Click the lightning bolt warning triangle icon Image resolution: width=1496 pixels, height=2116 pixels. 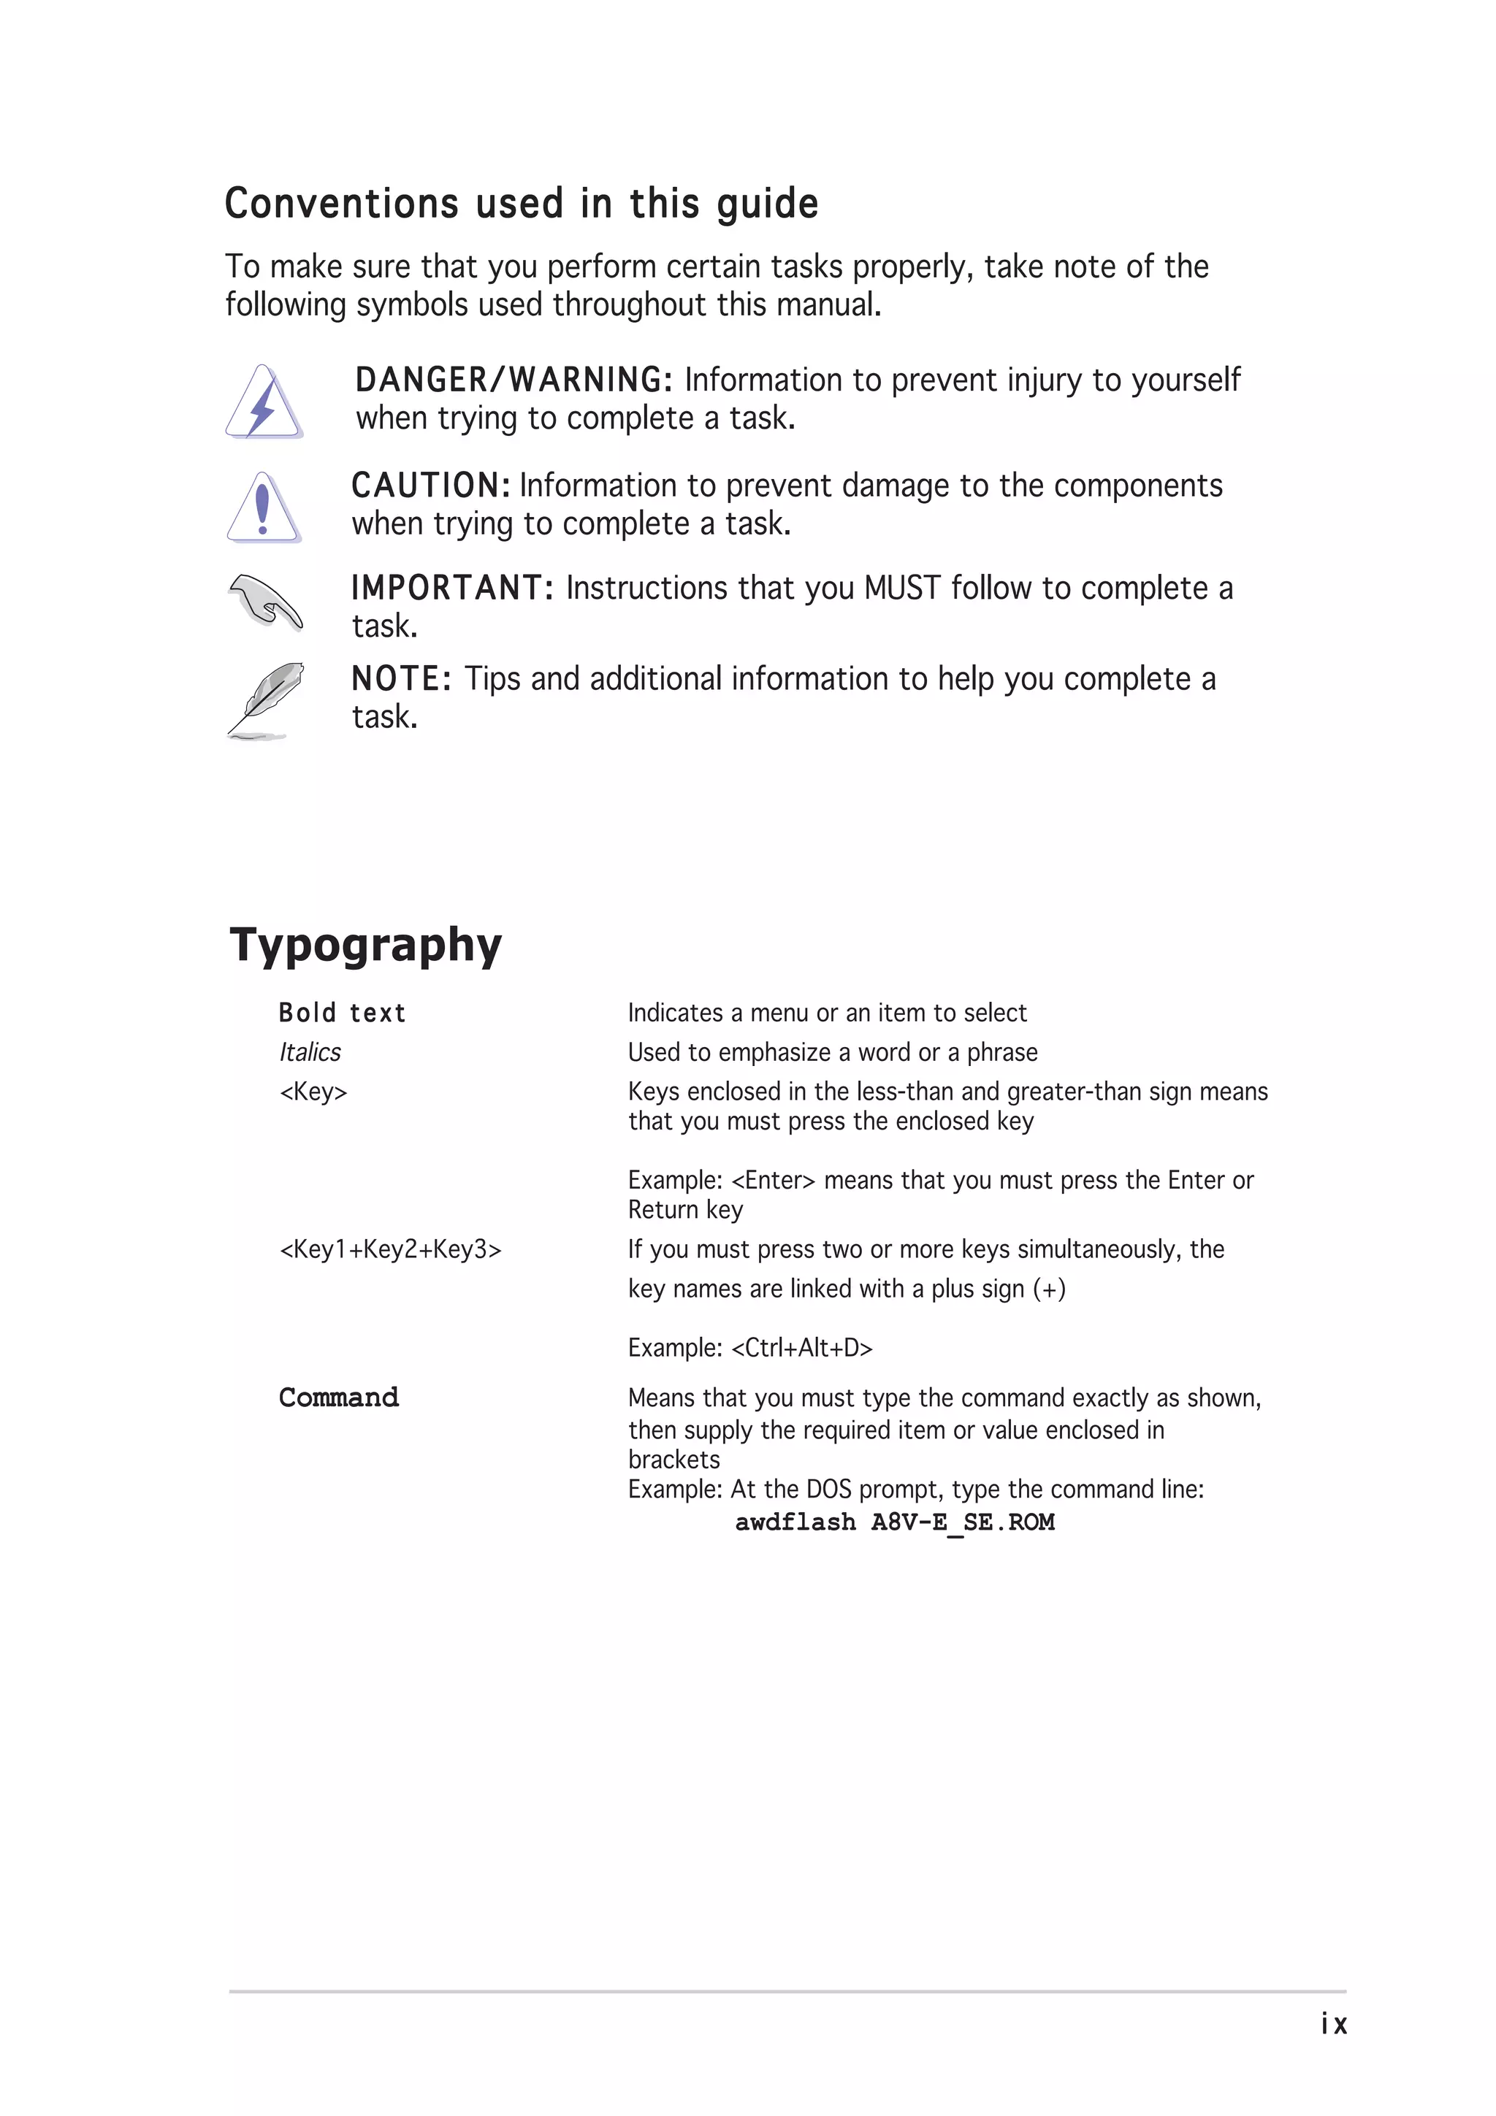coord(264,403)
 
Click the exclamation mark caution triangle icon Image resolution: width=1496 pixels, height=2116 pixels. coord(264,507)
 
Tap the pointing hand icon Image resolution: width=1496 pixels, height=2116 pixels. coord(265,602)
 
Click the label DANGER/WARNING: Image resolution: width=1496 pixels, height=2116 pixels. coord(514,380)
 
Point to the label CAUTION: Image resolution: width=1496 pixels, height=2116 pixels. coord(430,486)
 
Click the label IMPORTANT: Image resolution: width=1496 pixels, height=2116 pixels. coord(451,588)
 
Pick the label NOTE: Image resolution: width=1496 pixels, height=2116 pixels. coord(401,679)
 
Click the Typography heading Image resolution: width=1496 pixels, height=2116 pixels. coord(366,945)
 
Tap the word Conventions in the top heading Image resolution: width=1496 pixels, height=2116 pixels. coord(342,204)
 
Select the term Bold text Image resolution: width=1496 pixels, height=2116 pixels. coord(342,1013)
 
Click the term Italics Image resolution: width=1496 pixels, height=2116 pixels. coord(310,1052)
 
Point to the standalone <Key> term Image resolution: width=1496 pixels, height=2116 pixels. coord(313,1092)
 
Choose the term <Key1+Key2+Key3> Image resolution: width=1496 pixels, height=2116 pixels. coord(391,1250)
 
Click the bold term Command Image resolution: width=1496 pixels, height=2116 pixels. coord(339,1398)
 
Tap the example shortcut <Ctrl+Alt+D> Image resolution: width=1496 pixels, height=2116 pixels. coord(801,1349)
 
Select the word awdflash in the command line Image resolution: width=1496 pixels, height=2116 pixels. coord(795,1522)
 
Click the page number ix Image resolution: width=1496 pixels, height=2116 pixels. coord(1334,2024)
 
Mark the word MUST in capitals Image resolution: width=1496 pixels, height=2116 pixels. coord(902,588)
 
